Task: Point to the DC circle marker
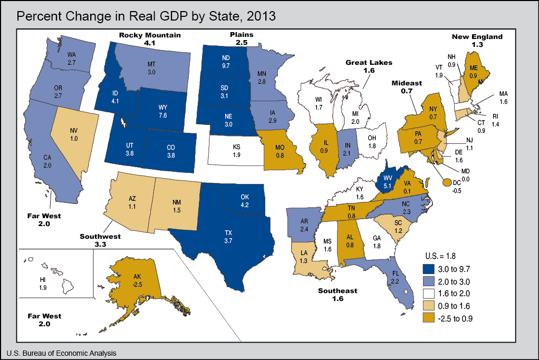click(447, 182)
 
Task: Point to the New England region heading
click(477, 36)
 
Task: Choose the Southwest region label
click(100, 236)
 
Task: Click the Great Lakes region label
click(369, 62)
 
